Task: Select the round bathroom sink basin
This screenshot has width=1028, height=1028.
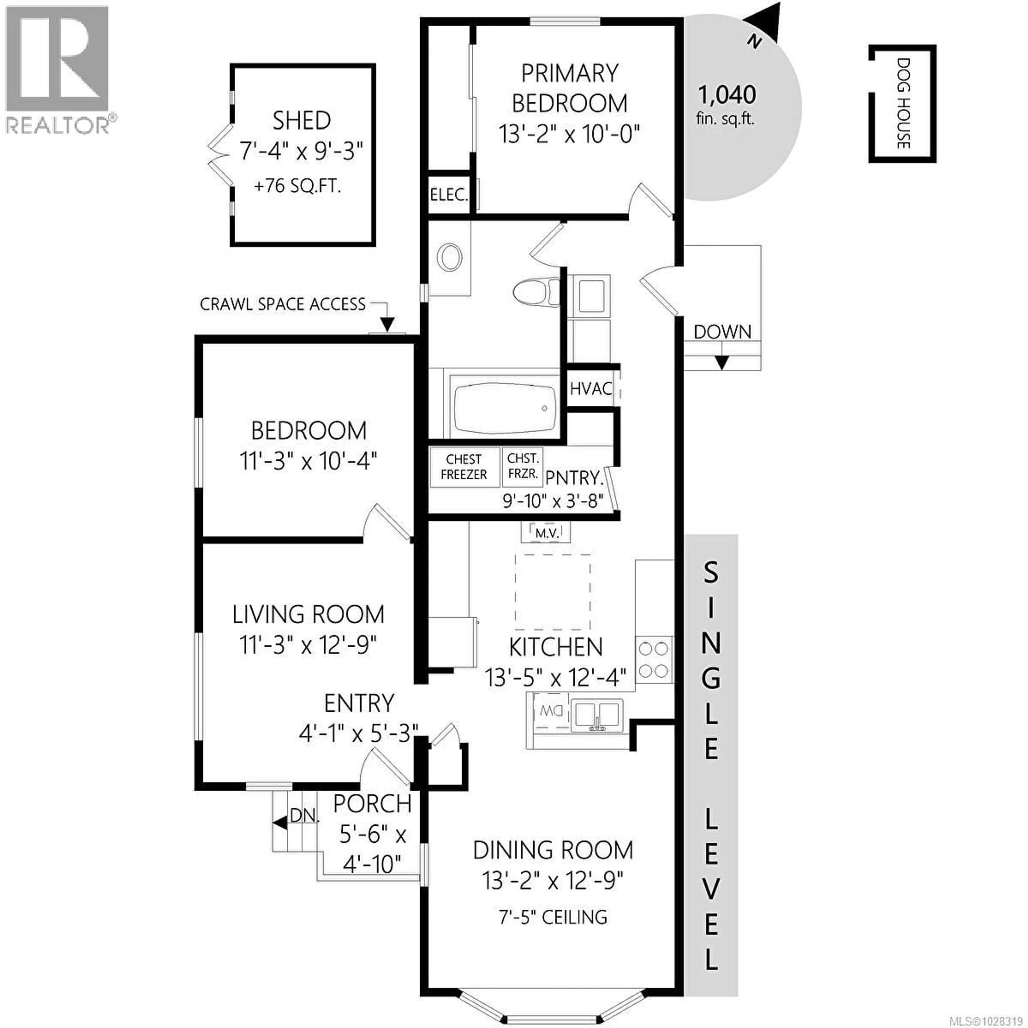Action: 450,258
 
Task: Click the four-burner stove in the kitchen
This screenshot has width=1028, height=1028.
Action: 653,660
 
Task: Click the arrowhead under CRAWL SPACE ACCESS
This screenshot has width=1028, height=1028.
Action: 387,324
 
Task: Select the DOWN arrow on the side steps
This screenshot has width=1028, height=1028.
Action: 721,362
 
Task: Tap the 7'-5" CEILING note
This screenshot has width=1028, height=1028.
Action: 553,917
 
